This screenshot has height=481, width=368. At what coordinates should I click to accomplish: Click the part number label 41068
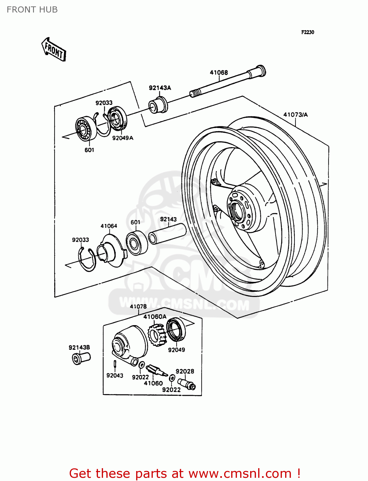pos(219,72)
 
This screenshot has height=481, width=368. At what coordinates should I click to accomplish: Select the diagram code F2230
pos(307,32)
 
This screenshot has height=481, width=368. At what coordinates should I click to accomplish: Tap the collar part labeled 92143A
pos(158,105)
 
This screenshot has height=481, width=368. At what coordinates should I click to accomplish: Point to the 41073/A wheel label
pos(295,114)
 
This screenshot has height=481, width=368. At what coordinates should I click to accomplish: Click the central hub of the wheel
pos(238,210)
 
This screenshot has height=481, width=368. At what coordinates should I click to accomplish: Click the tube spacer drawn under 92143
pos(167,234)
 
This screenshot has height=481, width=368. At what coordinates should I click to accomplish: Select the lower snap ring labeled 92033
pos(87,259)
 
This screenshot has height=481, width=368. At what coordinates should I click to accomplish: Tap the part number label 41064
pos(109,226)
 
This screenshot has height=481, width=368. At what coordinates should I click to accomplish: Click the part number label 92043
pos(115,375)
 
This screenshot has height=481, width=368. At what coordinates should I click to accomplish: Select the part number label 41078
pos(138,306)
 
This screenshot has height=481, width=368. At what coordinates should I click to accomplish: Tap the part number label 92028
pos(185,371)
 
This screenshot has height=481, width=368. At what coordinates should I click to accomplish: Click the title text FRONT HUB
pos(32,10)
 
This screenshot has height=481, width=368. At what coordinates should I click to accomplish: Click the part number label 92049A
pos(122,138)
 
